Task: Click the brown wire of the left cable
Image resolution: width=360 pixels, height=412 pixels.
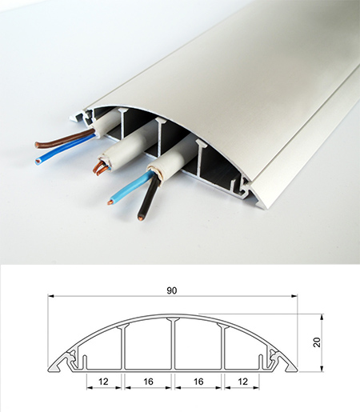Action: [64, 139]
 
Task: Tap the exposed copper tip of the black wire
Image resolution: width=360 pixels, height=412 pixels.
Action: [140, 218]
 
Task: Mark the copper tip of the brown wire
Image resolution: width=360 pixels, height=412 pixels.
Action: [37, 145]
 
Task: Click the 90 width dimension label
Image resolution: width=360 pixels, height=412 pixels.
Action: [172, 290]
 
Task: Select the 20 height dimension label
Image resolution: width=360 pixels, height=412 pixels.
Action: [317, 342]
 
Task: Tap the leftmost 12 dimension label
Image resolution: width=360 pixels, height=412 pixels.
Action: [103, 382]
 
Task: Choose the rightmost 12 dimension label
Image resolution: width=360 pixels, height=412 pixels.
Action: [242, 382]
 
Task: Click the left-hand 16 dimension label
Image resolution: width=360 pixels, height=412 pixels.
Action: [148, 382]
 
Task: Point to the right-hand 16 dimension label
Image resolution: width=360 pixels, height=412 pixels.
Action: [198, 382]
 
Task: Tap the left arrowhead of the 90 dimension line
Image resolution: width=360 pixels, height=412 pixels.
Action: [50, 296]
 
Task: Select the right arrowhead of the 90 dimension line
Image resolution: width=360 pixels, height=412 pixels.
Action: [294, 296]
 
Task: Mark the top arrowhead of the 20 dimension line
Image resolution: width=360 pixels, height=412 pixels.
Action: [322, 317]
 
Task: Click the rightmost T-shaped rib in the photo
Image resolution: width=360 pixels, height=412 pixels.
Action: [201, 158]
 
